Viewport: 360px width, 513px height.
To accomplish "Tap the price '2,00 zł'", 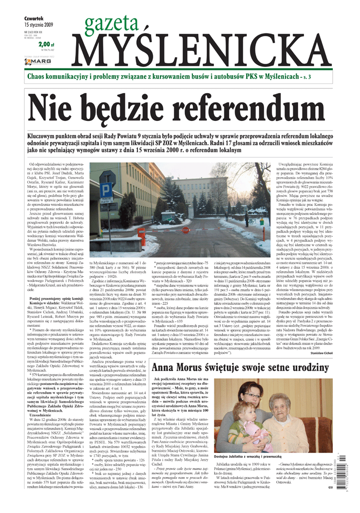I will click(x=46, y=44).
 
